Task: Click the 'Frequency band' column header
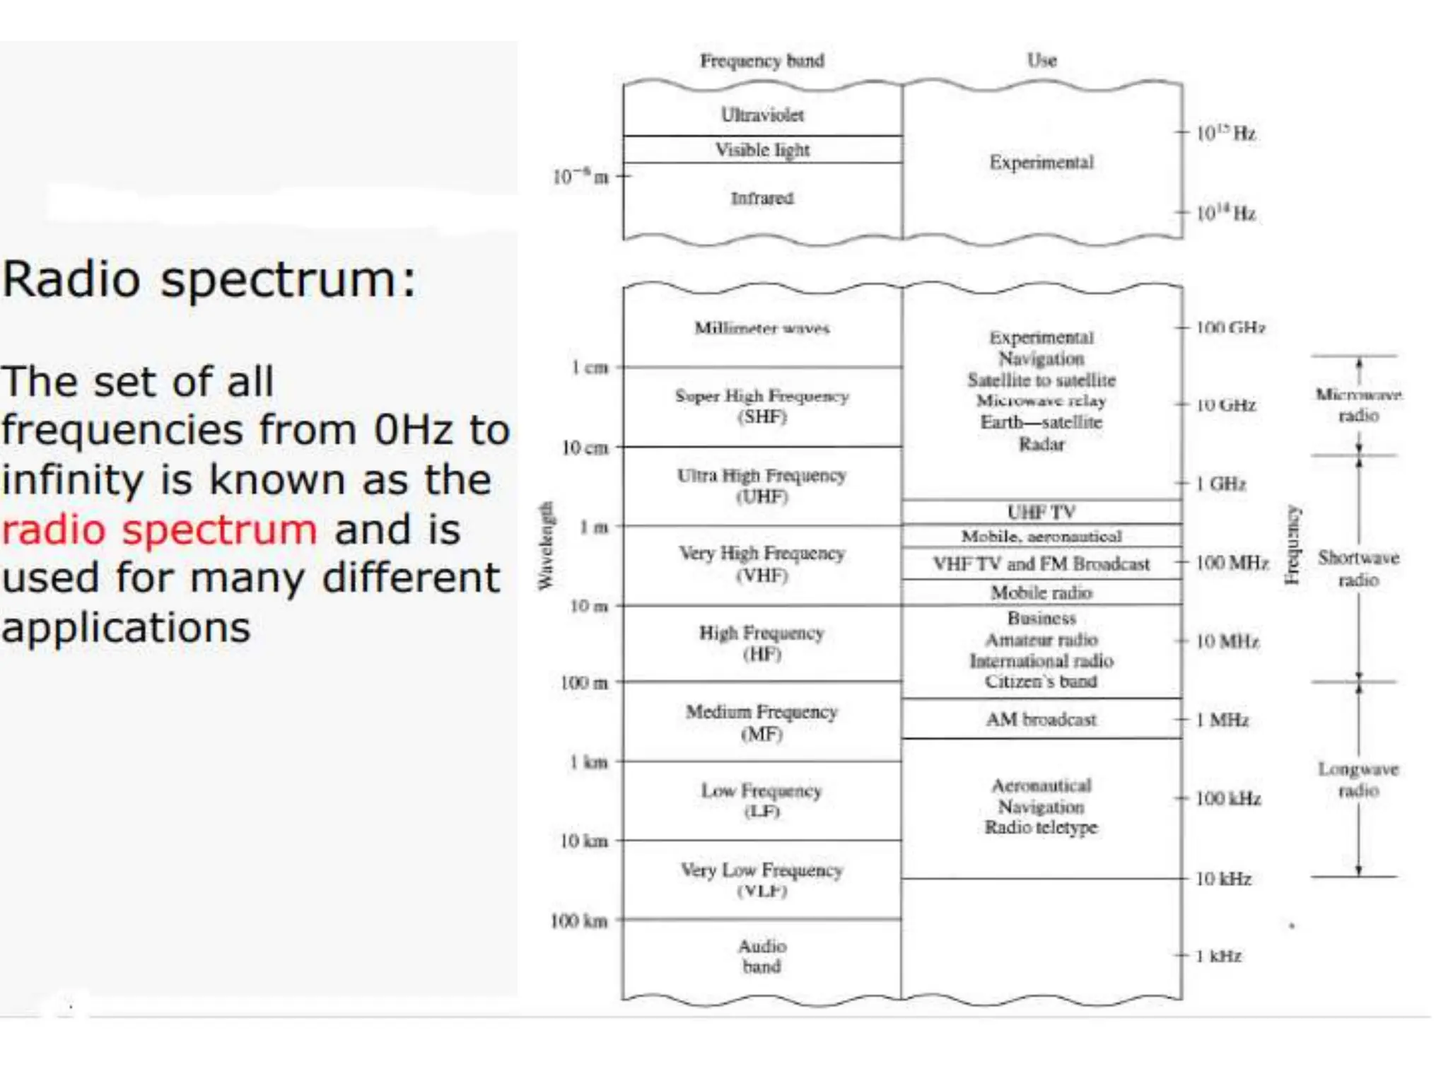[x=761, y=61]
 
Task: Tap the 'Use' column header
[x=1041, y=61]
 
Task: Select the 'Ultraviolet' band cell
[x=761, y=115]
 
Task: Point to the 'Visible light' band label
[x=761, y=150]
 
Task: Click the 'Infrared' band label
[x=761, y=199]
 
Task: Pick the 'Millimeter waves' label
[x=761, y=328]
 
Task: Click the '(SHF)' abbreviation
[x=761, y=417]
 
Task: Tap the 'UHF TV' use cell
[x=1041, y=512]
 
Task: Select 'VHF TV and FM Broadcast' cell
[x=1041, y=564]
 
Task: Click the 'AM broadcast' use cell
[x=1041, y=720]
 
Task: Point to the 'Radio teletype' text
[x=1041, y=827]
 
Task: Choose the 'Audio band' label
[x=761, y=956]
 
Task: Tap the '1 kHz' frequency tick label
[x=1219, y=956]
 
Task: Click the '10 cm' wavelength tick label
[x=585, y=448]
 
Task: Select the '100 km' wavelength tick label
[x=579, y=921]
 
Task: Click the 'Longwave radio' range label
[x=1358, y=779]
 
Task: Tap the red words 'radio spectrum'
[x=159, y=530]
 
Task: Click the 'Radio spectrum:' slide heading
[x=209, y=280]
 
